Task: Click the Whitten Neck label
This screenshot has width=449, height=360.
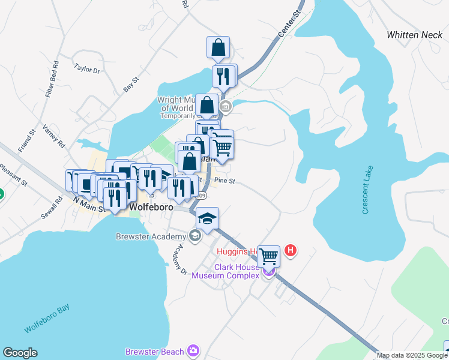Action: point(414,35)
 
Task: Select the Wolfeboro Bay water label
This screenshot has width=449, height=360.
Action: point(47,319)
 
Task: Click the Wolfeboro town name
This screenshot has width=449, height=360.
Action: point(152,207)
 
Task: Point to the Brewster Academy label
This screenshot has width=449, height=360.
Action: point(152,236)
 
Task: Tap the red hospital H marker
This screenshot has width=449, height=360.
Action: point(291,250)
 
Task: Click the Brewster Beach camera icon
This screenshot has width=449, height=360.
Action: point(193,350)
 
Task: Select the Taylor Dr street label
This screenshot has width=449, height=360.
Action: point(87,68)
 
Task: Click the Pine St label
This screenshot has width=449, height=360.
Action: point(223,180)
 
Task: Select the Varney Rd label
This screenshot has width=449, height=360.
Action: point(53,137)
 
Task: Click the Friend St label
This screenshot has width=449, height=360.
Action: point(27,140)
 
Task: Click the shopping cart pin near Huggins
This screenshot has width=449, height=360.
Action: point(268,256)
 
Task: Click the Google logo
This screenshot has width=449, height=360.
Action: point(20,353)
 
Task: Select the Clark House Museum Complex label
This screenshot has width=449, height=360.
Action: point(225,271)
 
